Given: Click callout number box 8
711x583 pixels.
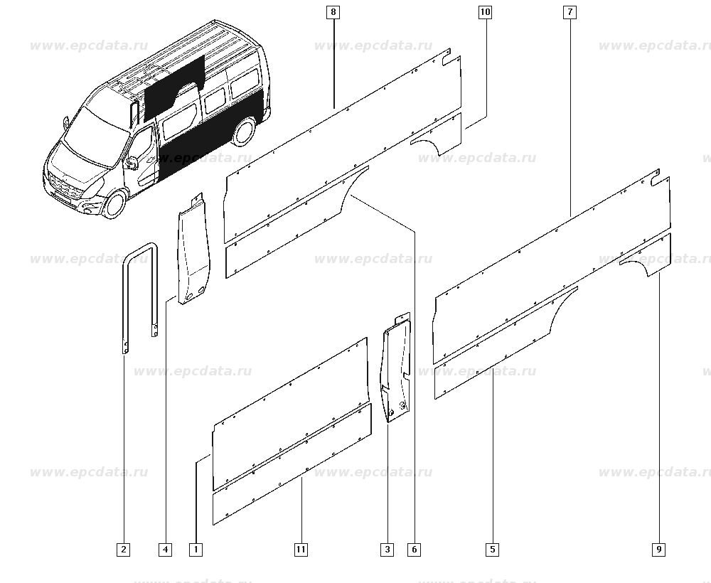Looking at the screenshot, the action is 333,12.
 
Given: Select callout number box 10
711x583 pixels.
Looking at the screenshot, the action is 485,12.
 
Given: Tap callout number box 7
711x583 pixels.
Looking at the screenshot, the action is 570,12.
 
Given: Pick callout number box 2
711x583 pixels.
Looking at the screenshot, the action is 123,550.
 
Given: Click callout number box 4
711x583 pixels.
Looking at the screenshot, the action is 166,550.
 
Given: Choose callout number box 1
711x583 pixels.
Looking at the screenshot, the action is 196,550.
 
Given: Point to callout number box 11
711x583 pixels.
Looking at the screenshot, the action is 301,550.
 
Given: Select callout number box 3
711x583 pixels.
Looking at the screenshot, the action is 387,550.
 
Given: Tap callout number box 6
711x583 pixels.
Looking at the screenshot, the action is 414,550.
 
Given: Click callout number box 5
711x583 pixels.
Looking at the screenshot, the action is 493,550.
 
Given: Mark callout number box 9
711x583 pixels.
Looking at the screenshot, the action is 659,550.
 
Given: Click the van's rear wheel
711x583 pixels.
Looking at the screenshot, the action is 244,132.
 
